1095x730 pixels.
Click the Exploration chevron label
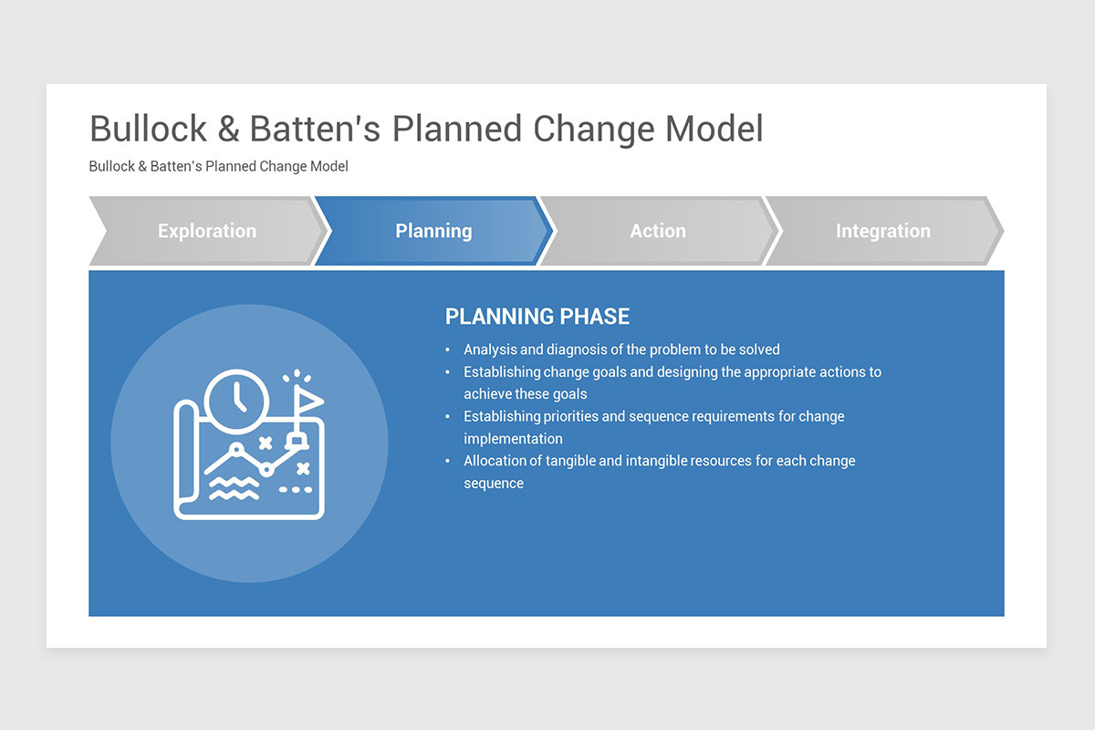207,231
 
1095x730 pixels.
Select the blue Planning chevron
433,231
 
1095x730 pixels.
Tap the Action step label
658,231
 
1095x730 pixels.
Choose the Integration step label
883,231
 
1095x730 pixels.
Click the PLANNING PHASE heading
537,317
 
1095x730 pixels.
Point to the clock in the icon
236,401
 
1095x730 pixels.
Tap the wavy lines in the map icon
235,488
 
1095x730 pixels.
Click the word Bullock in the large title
148,129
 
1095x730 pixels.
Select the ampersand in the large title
228,129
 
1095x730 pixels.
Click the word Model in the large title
714,129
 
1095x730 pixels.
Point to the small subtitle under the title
218,166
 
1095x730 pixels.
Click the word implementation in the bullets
513,439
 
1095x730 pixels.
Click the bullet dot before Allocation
447,461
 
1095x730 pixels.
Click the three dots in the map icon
296,489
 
